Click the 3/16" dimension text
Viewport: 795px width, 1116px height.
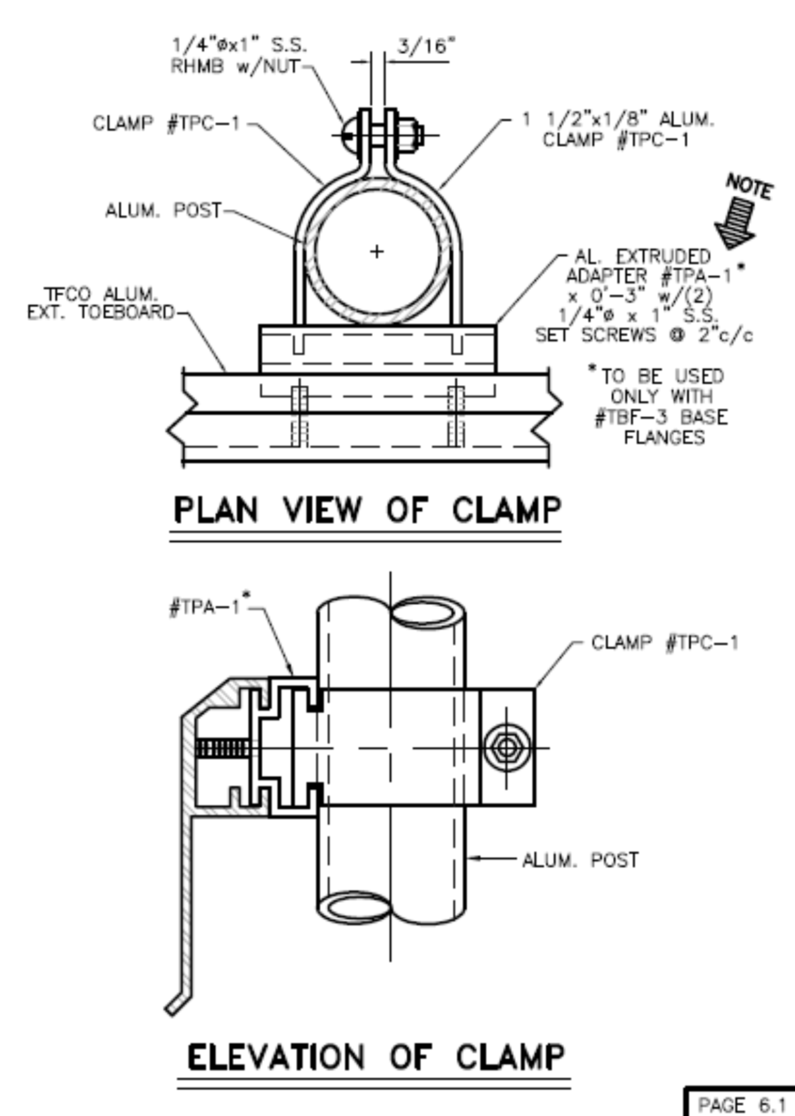click(x=426, y=46)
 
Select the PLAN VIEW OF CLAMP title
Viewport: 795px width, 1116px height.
click(x=367, y=511)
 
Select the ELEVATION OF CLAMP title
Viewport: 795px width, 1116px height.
click(x=376, y=1057)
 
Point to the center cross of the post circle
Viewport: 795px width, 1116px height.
click(x=377, y=251)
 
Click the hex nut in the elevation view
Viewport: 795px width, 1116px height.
click(x=507, y=748)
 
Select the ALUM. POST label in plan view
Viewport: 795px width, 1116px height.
click(x=163, y=211)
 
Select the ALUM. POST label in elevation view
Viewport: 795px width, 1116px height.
click(x=580, y=860)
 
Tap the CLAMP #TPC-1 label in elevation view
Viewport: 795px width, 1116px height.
click(x=664, y=643)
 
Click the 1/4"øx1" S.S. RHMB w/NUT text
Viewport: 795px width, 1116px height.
click(x=238, y=56)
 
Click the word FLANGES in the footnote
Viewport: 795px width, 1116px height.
click(x=664, y=438)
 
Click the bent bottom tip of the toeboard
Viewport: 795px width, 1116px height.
click(x=175, y=1003)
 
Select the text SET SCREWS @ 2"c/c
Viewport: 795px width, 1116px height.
click(x=644, y=335)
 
